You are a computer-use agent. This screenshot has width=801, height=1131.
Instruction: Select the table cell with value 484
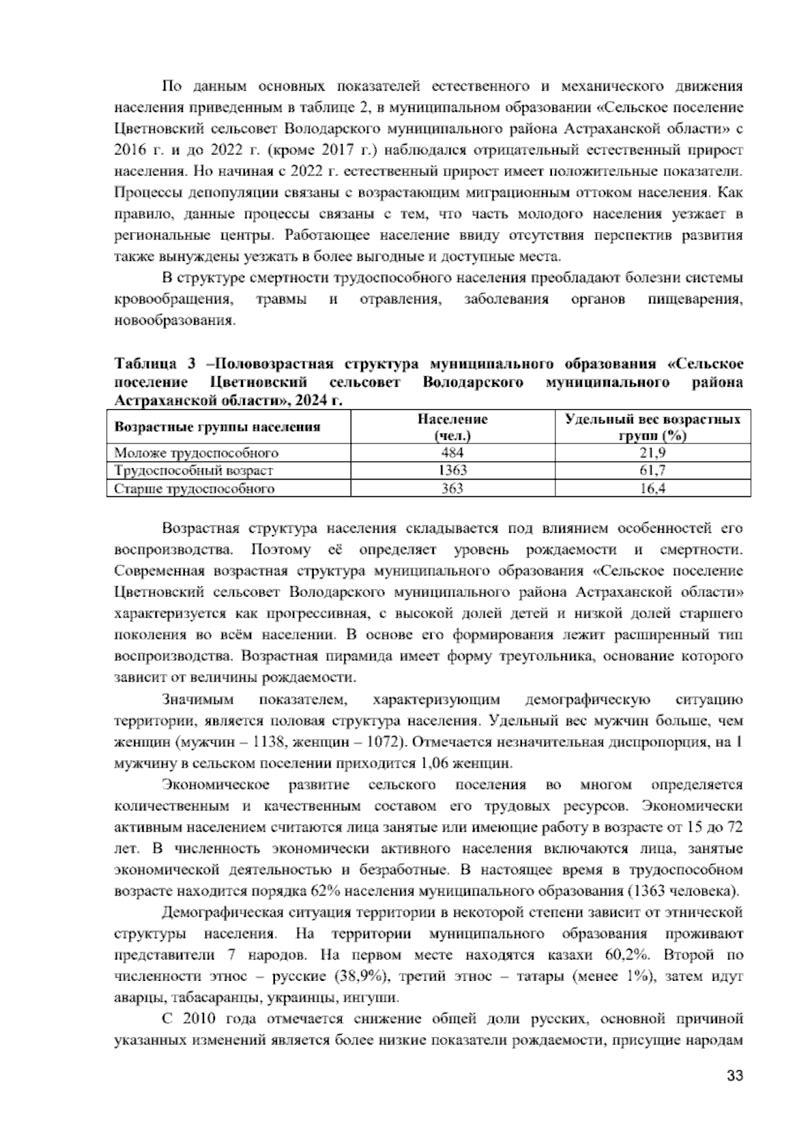click(453, 453)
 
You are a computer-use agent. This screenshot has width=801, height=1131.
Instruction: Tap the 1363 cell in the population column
click(453, 470)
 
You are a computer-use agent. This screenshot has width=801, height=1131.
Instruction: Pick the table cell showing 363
click(453, 488)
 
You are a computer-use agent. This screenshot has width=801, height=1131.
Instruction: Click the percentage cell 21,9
click(653, 453)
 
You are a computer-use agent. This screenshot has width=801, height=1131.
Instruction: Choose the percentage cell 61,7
click(653, 470)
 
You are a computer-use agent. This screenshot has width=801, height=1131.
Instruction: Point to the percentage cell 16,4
click(653, 488)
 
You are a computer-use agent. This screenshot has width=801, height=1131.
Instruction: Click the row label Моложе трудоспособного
click(196, 453)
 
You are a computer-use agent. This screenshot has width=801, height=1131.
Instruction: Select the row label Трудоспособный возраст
click(194, 470)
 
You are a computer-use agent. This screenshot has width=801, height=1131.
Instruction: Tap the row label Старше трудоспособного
click(195, 488)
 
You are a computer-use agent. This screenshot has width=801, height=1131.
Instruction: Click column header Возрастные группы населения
click(217, 427)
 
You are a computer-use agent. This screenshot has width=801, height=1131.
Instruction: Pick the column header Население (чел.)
click(453, 427)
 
